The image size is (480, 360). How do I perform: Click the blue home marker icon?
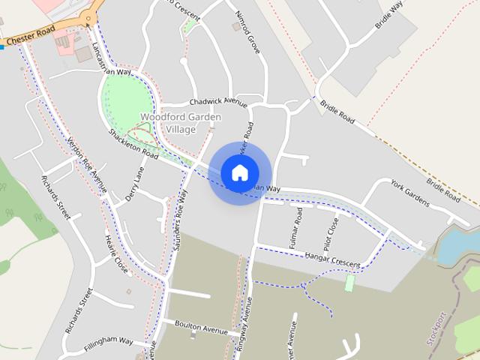[x=238, y=172]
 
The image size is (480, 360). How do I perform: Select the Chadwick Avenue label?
[x=218, y=101]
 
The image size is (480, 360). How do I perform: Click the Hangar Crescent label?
[x=332, y=259]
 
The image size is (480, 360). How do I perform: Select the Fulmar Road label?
[x=298, y=226]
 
